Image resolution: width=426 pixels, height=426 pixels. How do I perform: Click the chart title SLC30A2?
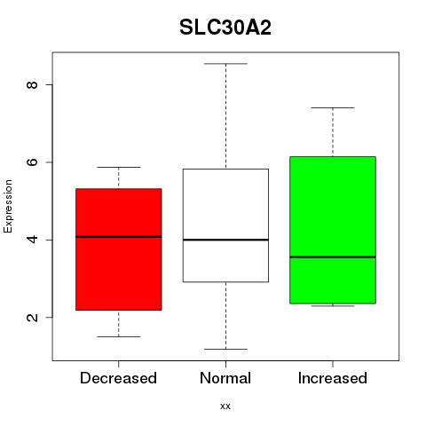tap(225, 28)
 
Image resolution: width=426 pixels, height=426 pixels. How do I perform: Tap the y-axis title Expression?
tap(8, 206)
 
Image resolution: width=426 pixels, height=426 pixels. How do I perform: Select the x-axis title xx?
tap(225, 406)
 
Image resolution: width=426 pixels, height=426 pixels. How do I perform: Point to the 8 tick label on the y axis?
tap(32, 84)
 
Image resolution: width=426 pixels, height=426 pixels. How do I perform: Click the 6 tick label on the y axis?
tap(32, 162)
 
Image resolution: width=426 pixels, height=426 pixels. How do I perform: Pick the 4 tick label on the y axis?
tap(32, 240)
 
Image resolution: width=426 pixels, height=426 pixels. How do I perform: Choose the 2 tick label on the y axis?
tap(32, 317)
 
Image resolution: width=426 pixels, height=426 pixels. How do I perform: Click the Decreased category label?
tap(118, 378)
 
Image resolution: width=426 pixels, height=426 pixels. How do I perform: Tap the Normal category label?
tap(225, 378)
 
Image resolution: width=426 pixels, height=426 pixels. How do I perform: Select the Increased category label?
tap(333, 378)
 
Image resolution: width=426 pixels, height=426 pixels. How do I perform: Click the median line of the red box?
tap(119, 237)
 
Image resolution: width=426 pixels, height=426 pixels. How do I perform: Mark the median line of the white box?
tap(225, 240)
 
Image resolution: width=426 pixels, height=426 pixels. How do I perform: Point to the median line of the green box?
tap(333, 257)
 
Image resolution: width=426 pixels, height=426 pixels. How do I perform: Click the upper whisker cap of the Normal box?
tap(225, 64)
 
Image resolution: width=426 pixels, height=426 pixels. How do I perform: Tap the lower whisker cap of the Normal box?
tap(225, 349)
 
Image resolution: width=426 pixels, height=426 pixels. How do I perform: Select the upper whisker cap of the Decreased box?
tap(119, 168)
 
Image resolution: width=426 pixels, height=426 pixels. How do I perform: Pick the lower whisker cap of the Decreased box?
tap(119, 336)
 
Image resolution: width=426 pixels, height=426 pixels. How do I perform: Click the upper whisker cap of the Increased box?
tap(333, 107)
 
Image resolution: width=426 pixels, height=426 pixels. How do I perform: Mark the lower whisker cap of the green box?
tap(333, 306)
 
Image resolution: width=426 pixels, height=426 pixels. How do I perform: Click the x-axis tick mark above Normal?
tap(225, 364)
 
